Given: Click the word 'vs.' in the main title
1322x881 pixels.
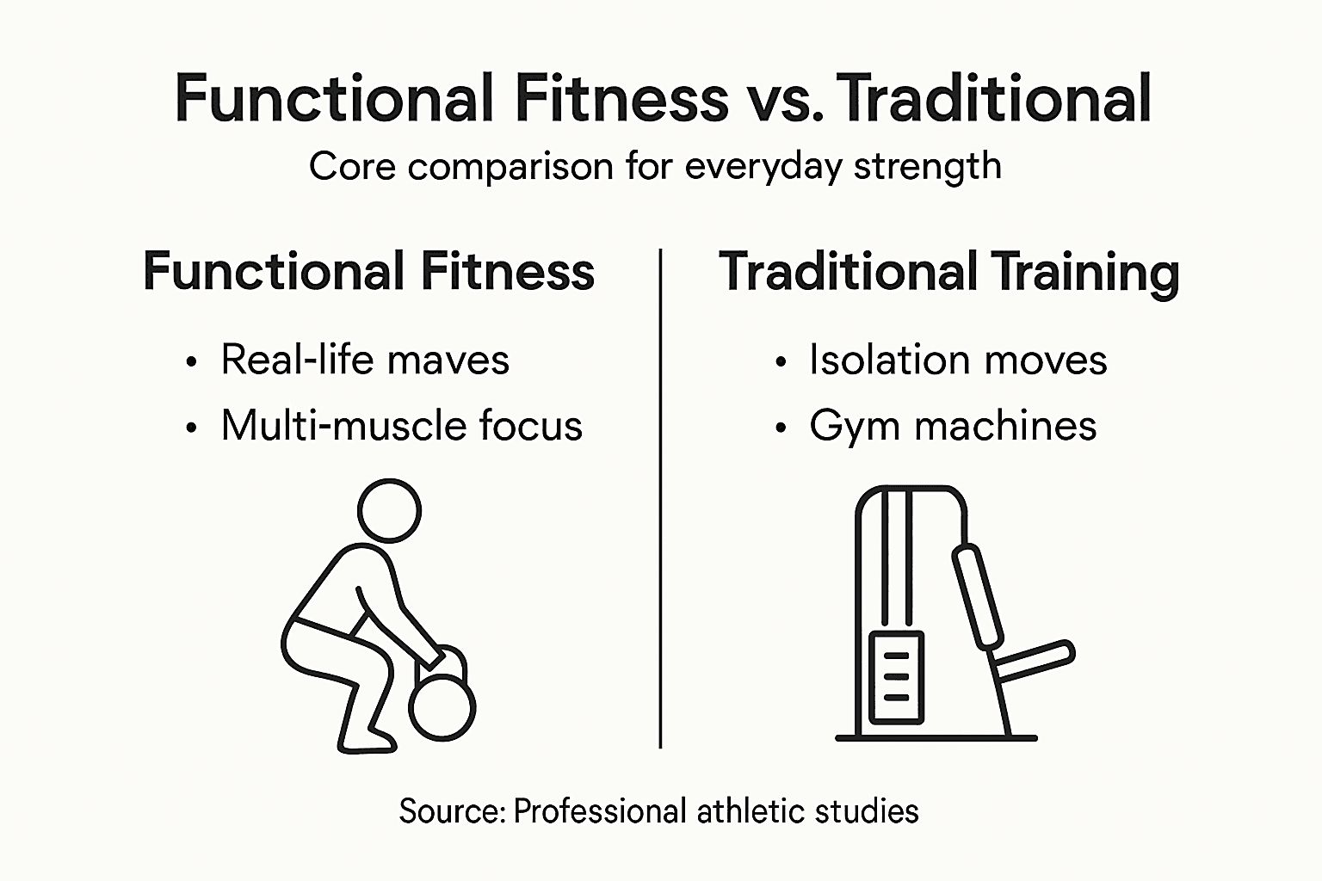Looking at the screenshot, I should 781,99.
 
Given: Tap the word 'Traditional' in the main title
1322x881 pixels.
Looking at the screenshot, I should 994,99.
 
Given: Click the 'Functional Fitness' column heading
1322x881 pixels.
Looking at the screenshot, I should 368,272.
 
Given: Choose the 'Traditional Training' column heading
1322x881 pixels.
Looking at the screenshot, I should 948,272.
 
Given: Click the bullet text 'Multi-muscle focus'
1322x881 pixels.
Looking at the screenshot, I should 401,426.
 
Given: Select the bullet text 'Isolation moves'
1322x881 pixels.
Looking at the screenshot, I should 957,360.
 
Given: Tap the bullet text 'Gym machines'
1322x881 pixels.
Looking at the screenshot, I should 953,426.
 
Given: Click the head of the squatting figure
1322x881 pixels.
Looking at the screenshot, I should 389,510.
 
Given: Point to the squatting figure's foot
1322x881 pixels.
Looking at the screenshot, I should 368,742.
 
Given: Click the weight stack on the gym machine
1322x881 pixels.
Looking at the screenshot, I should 896,677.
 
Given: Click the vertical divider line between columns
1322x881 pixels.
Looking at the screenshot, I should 660,499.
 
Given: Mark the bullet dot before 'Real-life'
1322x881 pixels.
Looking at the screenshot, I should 191,361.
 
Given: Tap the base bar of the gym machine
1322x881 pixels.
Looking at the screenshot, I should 936,737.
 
